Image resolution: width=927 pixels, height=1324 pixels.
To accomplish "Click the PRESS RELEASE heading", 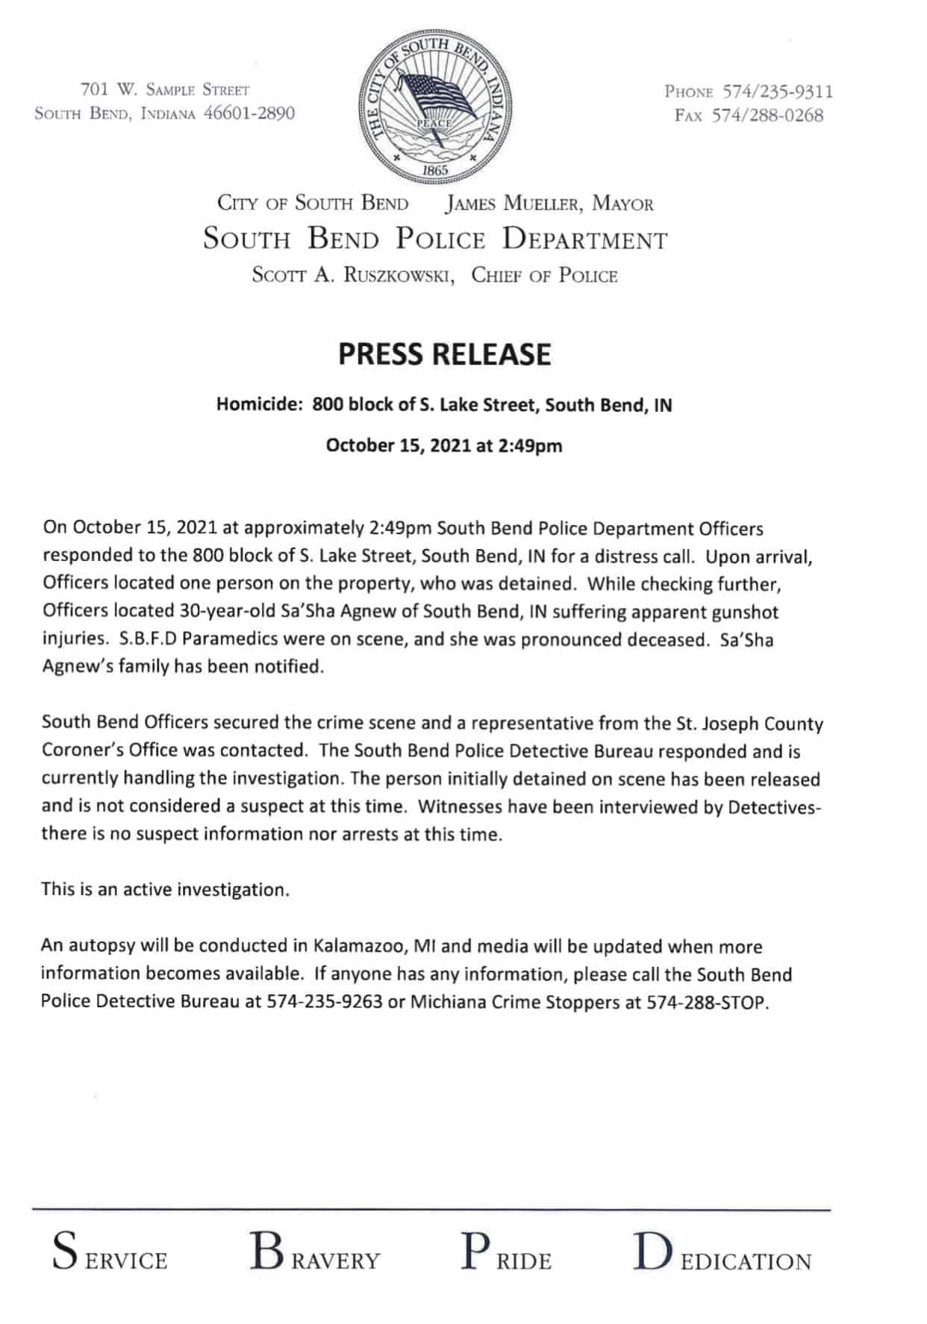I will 444,354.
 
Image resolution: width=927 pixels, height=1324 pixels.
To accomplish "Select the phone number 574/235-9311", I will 777,92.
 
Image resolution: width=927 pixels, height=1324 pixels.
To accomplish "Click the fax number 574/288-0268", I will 774,116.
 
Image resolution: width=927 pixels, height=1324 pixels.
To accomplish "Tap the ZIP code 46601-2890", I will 249,113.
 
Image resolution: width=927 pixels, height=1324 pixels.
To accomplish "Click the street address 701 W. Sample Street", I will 164,90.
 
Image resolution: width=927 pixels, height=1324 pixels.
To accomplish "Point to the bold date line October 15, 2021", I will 444,446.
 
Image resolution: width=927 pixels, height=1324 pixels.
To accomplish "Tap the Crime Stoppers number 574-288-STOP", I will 707,1002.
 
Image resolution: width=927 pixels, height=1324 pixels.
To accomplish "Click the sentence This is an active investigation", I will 165,890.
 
